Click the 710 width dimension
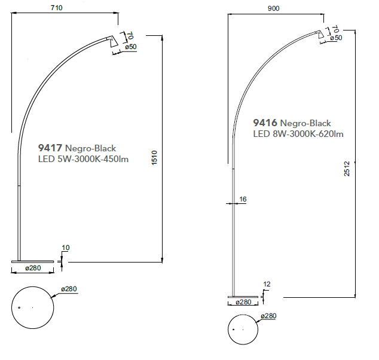(57, 8)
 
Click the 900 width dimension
(273, 8)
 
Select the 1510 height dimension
(154, 158)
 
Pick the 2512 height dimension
(347, 169)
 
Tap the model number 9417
(50, 148)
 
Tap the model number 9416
(265, 123)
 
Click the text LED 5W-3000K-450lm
(83, 159)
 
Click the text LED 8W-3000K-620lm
(298, 134)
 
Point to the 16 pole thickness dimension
(243, 199)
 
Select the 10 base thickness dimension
(66, 248)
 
